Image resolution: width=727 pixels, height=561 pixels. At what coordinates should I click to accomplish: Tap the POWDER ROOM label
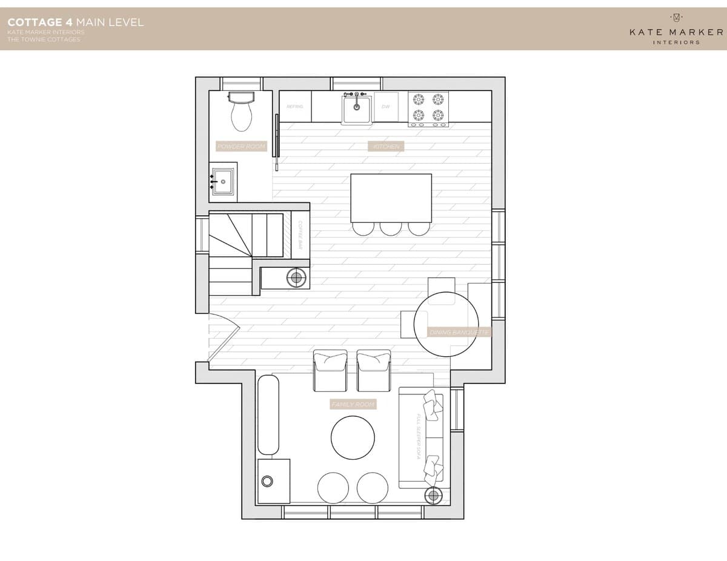click(x=241, y=147)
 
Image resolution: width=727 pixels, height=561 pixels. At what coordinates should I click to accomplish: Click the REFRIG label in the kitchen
click(x=294, y=107)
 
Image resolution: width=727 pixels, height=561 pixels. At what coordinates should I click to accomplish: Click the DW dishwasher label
click(x=385, y=107)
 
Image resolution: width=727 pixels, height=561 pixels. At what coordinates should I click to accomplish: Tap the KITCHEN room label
click(x=385, y=147)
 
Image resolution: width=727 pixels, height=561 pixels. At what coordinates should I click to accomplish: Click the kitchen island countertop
click(x=391, y=198)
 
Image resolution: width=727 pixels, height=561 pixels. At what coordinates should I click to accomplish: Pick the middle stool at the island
click(x=391, y=228)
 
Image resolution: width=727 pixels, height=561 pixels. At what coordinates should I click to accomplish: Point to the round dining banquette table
click(x=446, y=324)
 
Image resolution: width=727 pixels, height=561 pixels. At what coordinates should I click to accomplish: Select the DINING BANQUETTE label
click(x=459, y=332)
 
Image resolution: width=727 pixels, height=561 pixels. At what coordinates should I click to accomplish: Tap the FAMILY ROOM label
click(x=353, y=404)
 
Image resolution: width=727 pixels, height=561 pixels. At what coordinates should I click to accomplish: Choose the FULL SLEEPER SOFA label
click(x=418, y=436)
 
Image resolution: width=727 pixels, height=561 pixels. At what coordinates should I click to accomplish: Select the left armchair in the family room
click(x=330, y=370)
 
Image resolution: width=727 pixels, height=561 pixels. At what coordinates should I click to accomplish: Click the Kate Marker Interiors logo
click(x=676, y=29)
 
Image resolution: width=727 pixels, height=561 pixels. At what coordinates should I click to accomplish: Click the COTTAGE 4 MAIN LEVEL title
click(x=76, y=22)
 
